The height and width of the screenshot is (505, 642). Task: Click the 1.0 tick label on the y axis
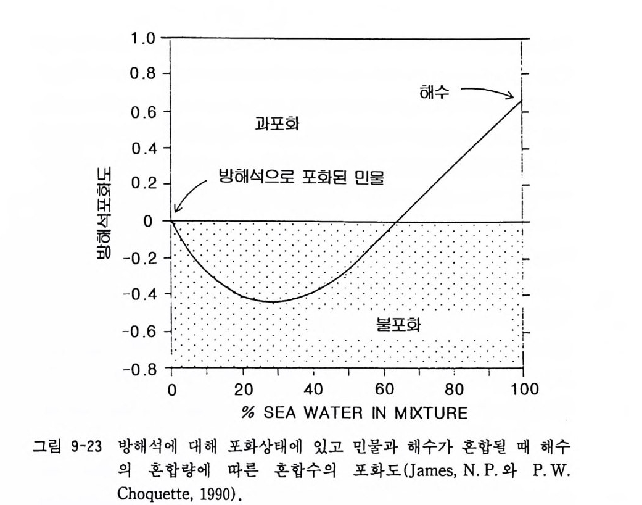click(x=141, y=39)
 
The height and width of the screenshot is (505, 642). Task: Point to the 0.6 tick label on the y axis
click(x=141, y=112)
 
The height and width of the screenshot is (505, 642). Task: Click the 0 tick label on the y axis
click(x=149, y=221)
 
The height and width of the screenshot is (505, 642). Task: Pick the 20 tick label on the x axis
click(x=243, y=390)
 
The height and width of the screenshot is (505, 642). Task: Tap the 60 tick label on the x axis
click(x=384, y=390)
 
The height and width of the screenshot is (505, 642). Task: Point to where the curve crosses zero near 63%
click(x=396, y=220)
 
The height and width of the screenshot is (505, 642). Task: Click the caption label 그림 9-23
click(x=67, y=444)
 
